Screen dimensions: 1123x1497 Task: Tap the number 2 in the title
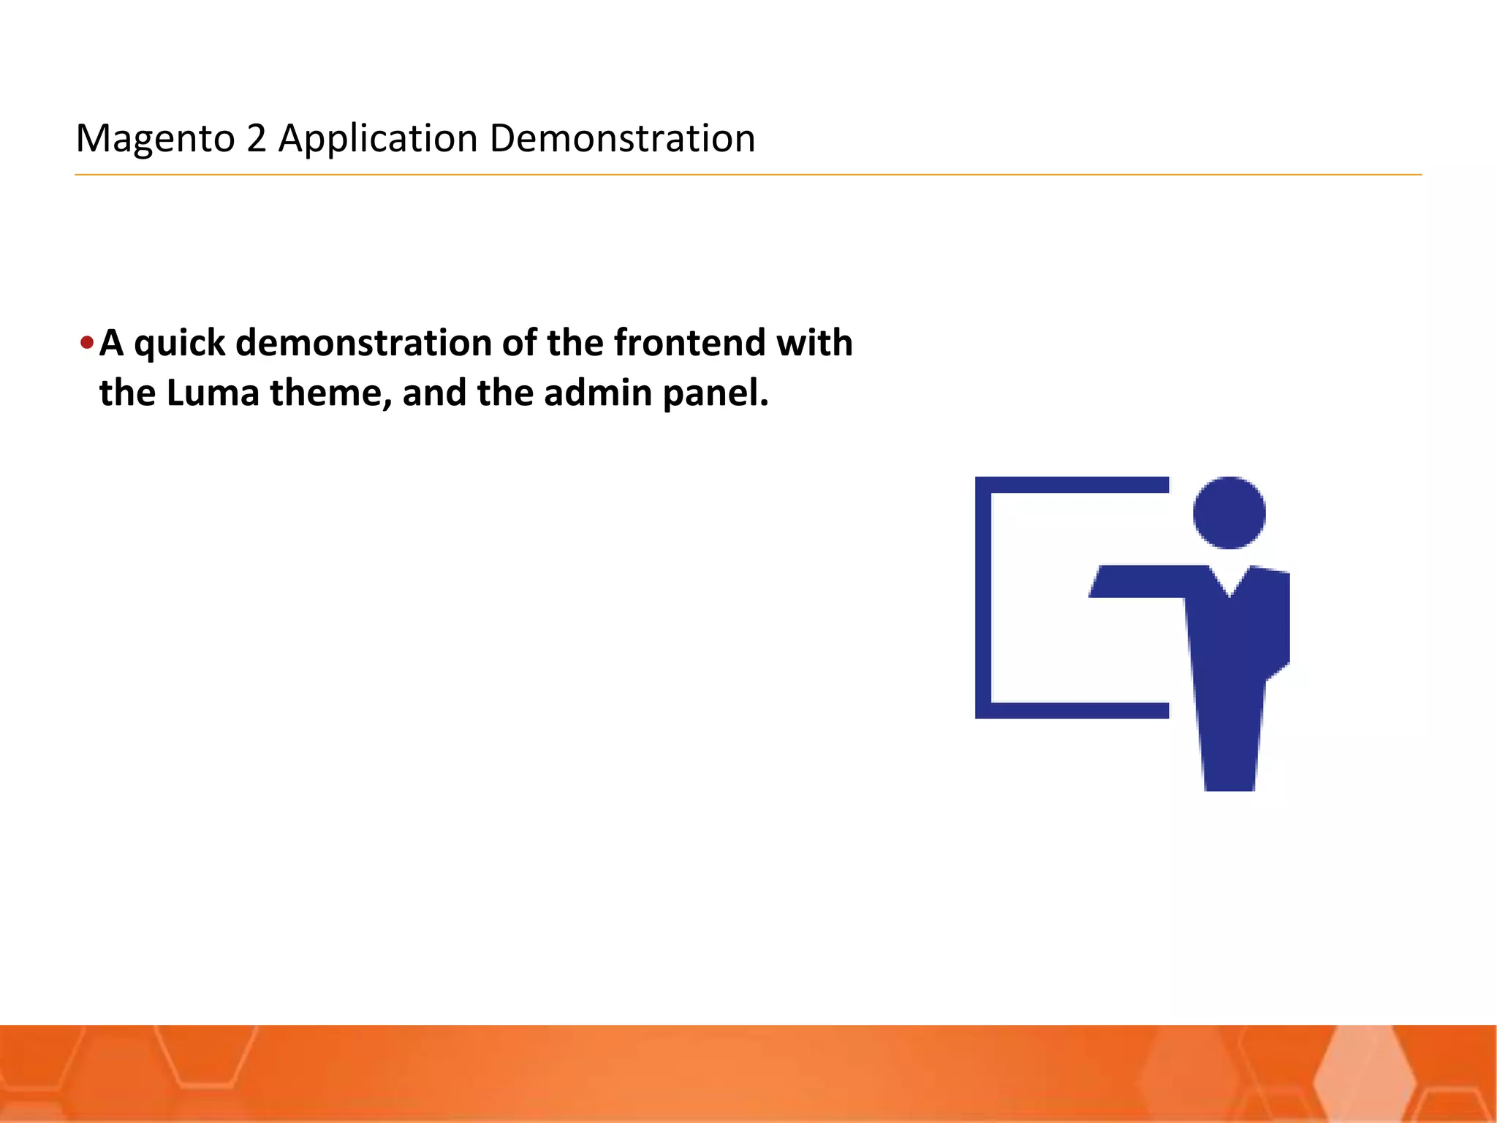[257, 138]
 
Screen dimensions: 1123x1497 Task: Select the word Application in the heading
[378, 138]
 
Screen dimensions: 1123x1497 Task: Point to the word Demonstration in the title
[622, 138]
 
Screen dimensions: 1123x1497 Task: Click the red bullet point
[87, 342]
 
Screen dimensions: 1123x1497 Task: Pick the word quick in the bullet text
[179, 343]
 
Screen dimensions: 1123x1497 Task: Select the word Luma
[213, 393]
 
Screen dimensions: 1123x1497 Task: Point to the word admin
[598, 393]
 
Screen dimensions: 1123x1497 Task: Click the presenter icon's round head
[1229, 513]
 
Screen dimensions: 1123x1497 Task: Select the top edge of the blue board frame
[1072, 485]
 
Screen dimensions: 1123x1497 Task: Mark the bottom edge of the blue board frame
[1072, 710]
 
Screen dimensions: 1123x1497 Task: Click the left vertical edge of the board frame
[983, 597]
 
